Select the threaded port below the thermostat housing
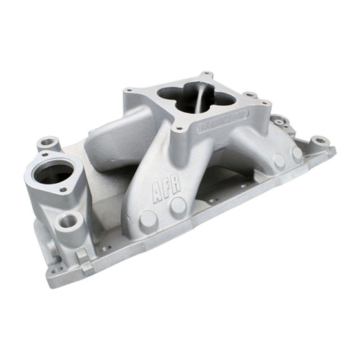point(68,222)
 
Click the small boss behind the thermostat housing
point(48,143)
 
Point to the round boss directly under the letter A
point(148,218)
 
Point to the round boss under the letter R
point(177,206)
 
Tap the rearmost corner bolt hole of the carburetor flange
point(205,75)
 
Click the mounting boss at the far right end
point(319,141)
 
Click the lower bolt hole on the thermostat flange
point(63,190)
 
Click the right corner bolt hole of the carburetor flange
point(248,96)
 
